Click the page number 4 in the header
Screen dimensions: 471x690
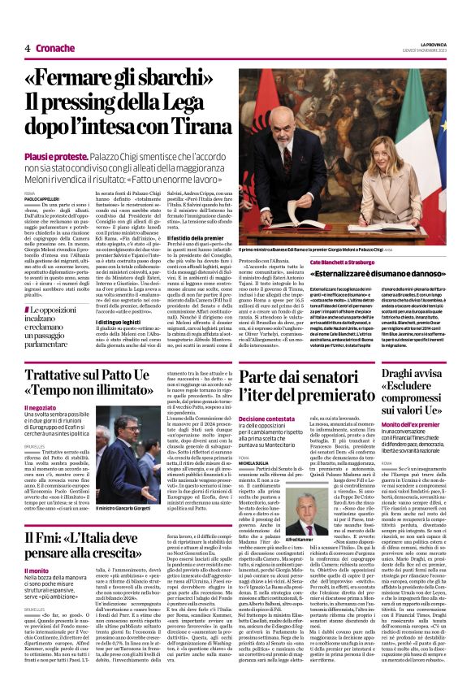coord(27,48)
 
